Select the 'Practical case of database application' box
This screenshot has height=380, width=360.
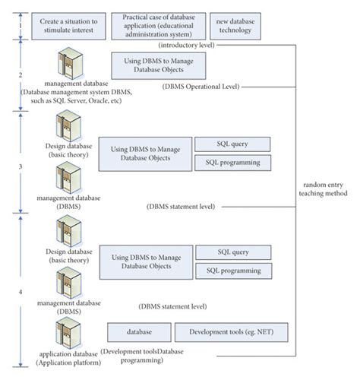click(x=156, y=27)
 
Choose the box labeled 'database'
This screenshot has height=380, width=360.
click(x=137, y=333)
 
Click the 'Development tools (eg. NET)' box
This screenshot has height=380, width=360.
click(x=225, y=333)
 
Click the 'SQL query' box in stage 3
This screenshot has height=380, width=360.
click(x=232, y=144)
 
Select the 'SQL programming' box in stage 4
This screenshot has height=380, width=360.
click(x=233, y=271)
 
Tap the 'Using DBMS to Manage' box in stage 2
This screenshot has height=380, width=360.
click(x=158, y=65)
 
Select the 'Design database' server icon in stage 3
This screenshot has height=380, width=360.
click(x=68, y=125)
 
